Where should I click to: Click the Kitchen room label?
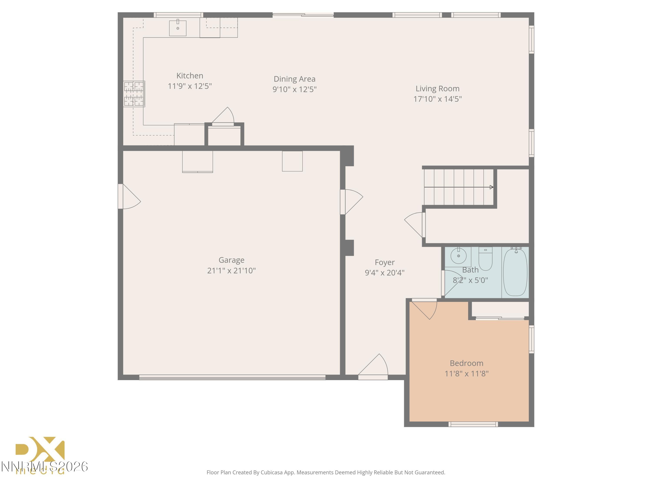(x=190, y=76)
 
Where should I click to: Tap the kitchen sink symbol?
(x=178, y=28)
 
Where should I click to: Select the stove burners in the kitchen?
(x=134, y=94)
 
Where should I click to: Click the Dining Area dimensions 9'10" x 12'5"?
(x=294, y=89)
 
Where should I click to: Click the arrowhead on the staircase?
(x=491, y=187)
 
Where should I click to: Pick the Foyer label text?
(x=384, y=262)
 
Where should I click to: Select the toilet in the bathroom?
(x=485, y=259)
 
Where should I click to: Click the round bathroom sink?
(x=458, y=255)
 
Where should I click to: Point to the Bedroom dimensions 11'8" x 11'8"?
(x=466, y=374)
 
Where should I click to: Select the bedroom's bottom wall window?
(x=473, y=424)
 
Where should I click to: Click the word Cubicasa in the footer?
(x=271, y=472)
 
